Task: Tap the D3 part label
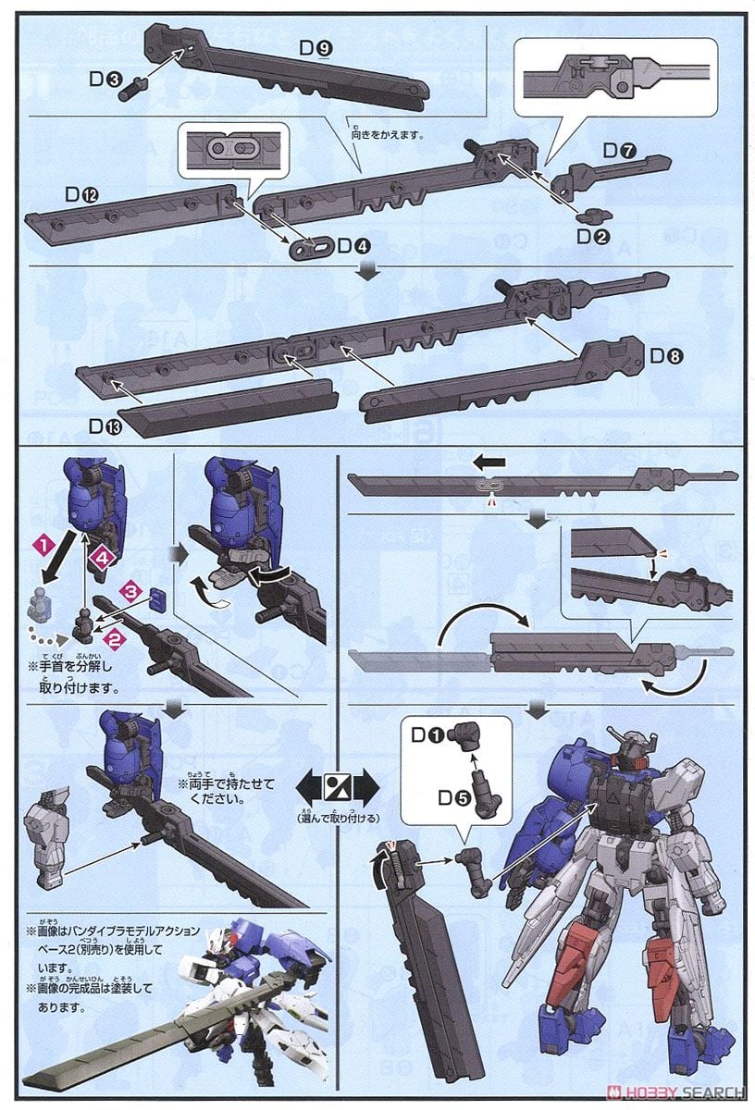pos(103,80)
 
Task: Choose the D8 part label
pos(666,355)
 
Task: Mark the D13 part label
pos(104,426)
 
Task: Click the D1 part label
pos(427,736)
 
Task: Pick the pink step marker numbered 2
pos(115,637)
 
